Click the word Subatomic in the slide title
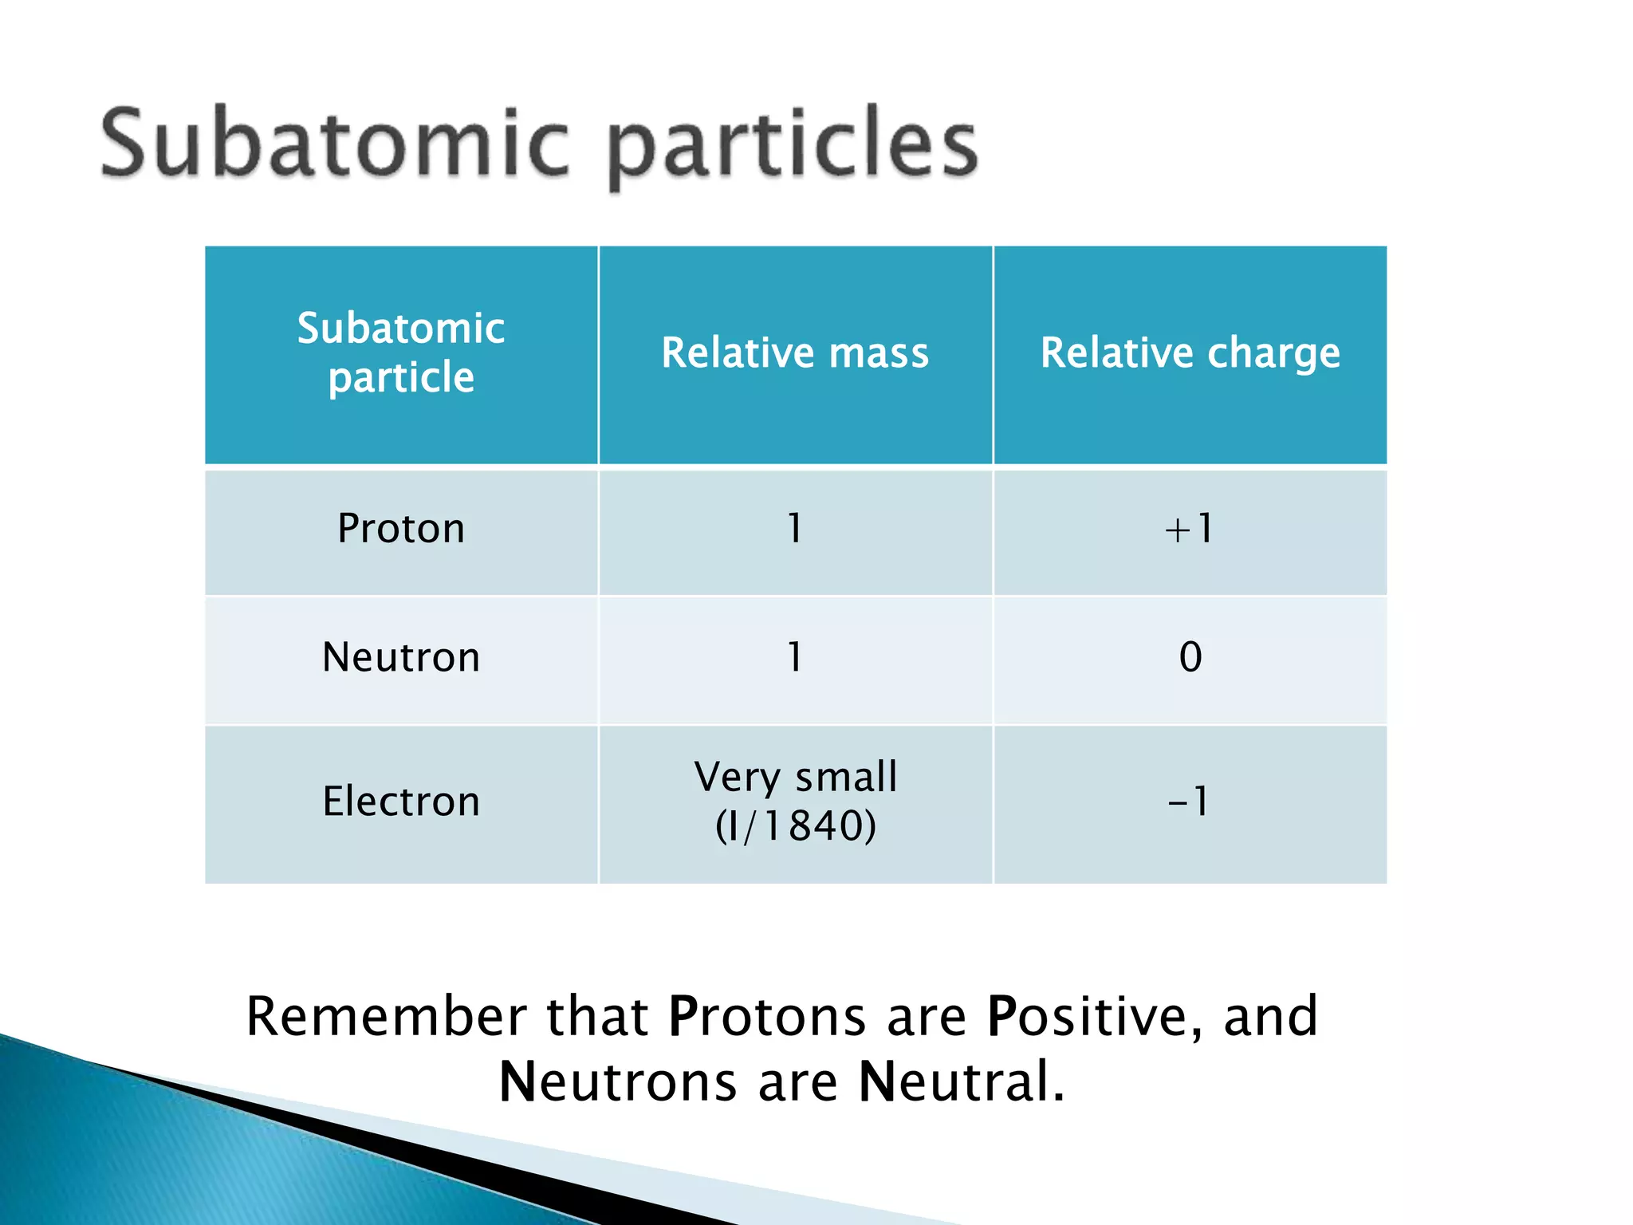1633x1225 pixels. click(335, 144)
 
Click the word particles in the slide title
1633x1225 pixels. click(793, 148)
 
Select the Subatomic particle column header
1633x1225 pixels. click(401, 353)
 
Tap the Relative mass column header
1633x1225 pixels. click(795, 353)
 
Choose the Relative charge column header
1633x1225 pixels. click(1190, 353)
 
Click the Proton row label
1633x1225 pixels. click(401, 529)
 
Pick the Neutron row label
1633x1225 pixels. click(401, 658)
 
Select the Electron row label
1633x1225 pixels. click(401, 802)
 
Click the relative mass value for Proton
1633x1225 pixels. click(795, 529)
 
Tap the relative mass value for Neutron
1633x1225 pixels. click(795, 658)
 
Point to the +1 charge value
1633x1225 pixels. click(1189, 529)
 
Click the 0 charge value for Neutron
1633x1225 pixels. click(1190, 658)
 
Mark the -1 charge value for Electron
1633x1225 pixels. click(1189, 802)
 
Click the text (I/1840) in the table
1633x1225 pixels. click(795, 825)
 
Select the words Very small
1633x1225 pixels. click(795, 777)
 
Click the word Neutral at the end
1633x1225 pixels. click(961, 1082)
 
